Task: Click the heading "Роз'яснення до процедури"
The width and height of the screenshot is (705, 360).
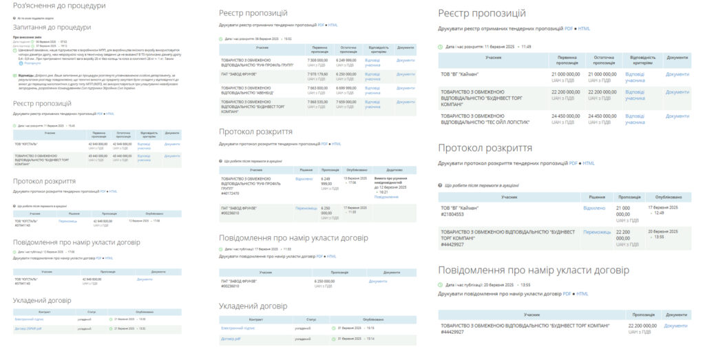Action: coord(59,6)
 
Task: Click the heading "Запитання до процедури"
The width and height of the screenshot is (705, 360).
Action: coord(52,28)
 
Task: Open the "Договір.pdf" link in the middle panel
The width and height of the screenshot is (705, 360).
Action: coord(231,339)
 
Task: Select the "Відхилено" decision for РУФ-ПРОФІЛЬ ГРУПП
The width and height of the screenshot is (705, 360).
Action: coord(304,179)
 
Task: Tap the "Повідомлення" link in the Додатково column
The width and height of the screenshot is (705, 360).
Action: coord(386,197)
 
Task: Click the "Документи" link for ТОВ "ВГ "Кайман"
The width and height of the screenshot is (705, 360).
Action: coord(677,74)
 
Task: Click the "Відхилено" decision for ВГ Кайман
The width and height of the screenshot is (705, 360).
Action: coord(593,207)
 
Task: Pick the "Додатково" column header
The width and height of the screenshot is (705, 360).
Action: coord(394,169)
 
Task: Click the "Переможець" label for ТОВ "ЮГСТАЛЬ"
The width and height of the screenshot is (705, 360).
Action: coord(68,221)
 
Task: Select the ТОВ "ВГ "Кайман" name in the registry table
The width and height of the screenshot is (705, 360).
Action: coord(462,74)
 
